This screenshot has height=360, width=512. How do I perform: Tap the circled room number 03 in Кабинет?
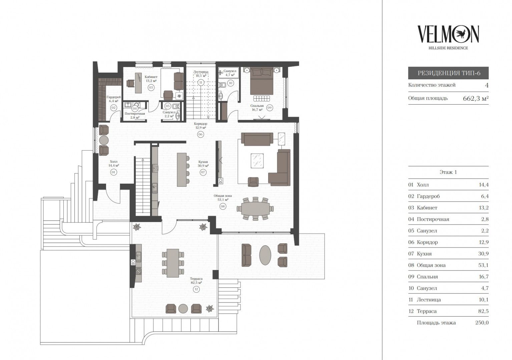tap(151, 87)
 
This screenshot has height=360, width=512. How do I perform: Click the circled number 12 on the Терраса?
tap(196, 289)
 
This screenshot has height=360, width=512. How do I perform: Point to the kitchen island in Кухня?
tap(182, 170)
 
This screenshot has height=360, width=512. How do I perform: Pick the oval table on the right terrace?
tap(265, 255)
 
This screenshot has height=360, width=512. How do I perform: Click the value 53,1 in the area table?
tap(483, 265)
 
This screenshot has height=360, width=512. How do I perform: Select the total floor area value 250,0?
tap(482, 323)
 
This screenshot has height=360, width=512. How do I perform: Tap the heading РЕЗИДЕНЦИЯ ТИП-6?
tap(449, 73)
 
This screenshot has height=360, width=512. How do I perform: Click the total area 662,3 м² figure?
tap(476, 98)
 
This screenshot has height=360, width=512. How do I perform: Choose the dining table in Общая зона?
tap(255, 209)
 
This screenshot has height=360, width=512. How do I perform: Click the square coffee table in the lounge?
tap(258, 161)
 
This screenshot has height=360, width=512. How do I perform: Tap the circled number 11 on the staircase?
tap(201, 82)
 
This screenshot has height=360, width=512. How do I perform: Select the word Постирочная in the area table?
tap(433, 219)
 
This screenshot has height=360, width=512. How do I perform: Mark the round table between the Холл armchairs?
tap(103, 140)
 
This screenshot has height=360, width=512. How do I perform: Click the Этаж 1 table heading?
tap(448, 172)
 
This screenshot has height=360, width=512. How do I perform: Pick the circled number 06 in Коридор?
tap(200, 134)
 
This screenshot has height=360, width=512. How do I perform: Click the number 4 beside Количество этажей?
tap(487, 85)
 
